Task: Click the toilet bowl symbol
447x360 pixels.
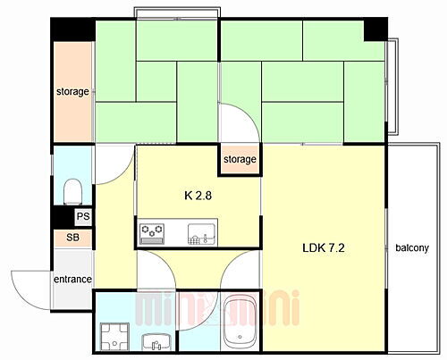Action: pyautogui.click(x=73, y=190)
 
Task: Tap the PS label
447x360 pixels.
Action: pyautogui.click(x=82, y=217)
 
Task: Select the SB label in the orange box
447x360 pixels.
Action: pyautogui.click(x=72, y=238)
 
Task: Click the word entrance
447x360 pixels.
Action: pyautogui.click(x=72, y=280)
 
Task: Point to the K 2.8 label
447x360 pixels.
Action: pyautogui.click(x=198, y=193)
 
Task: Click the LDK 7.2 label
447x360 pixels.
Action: pyautogui.click(x=324, y=247)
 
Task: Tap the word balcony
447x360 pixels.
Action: pyautogui.click(x=412, y=247)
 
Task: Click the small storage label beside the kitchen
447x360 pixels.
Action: pyautogui.click(x=240, y=160)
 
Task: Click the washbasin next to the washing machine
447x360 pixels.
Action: pyautogui.click(x=154, y=339)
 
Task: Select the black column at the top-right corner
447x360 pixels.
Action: pyautogui.click(x=375, y=29)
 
